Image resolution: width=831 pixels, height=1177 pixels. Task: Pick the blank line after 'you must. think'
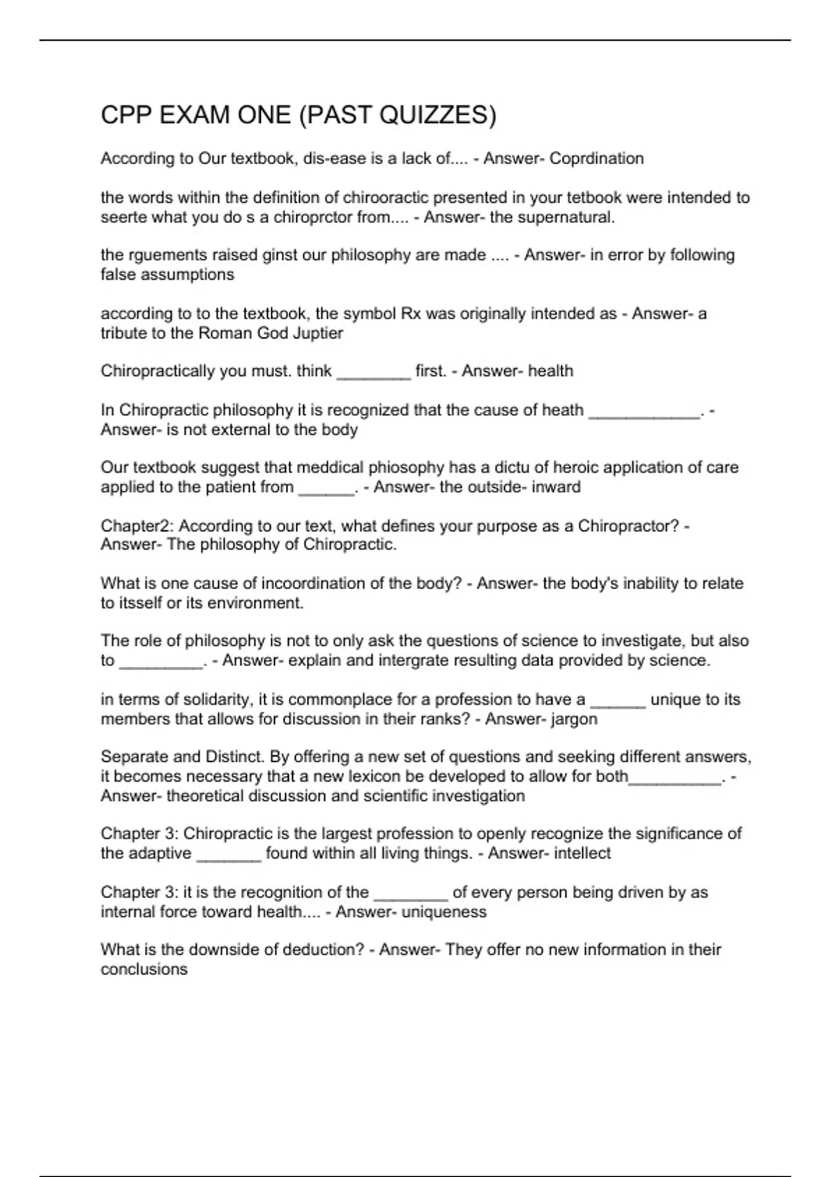click(x=374, y=372)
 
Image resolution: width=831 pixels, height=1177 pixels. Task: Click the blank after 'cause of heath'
click(x=644, y=411)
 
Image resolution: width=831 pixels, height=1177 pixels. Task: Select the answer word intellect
click(x=583, y=853)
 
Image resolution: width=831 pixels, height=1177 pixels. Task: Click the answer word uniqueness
click(x=444, y=912)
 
